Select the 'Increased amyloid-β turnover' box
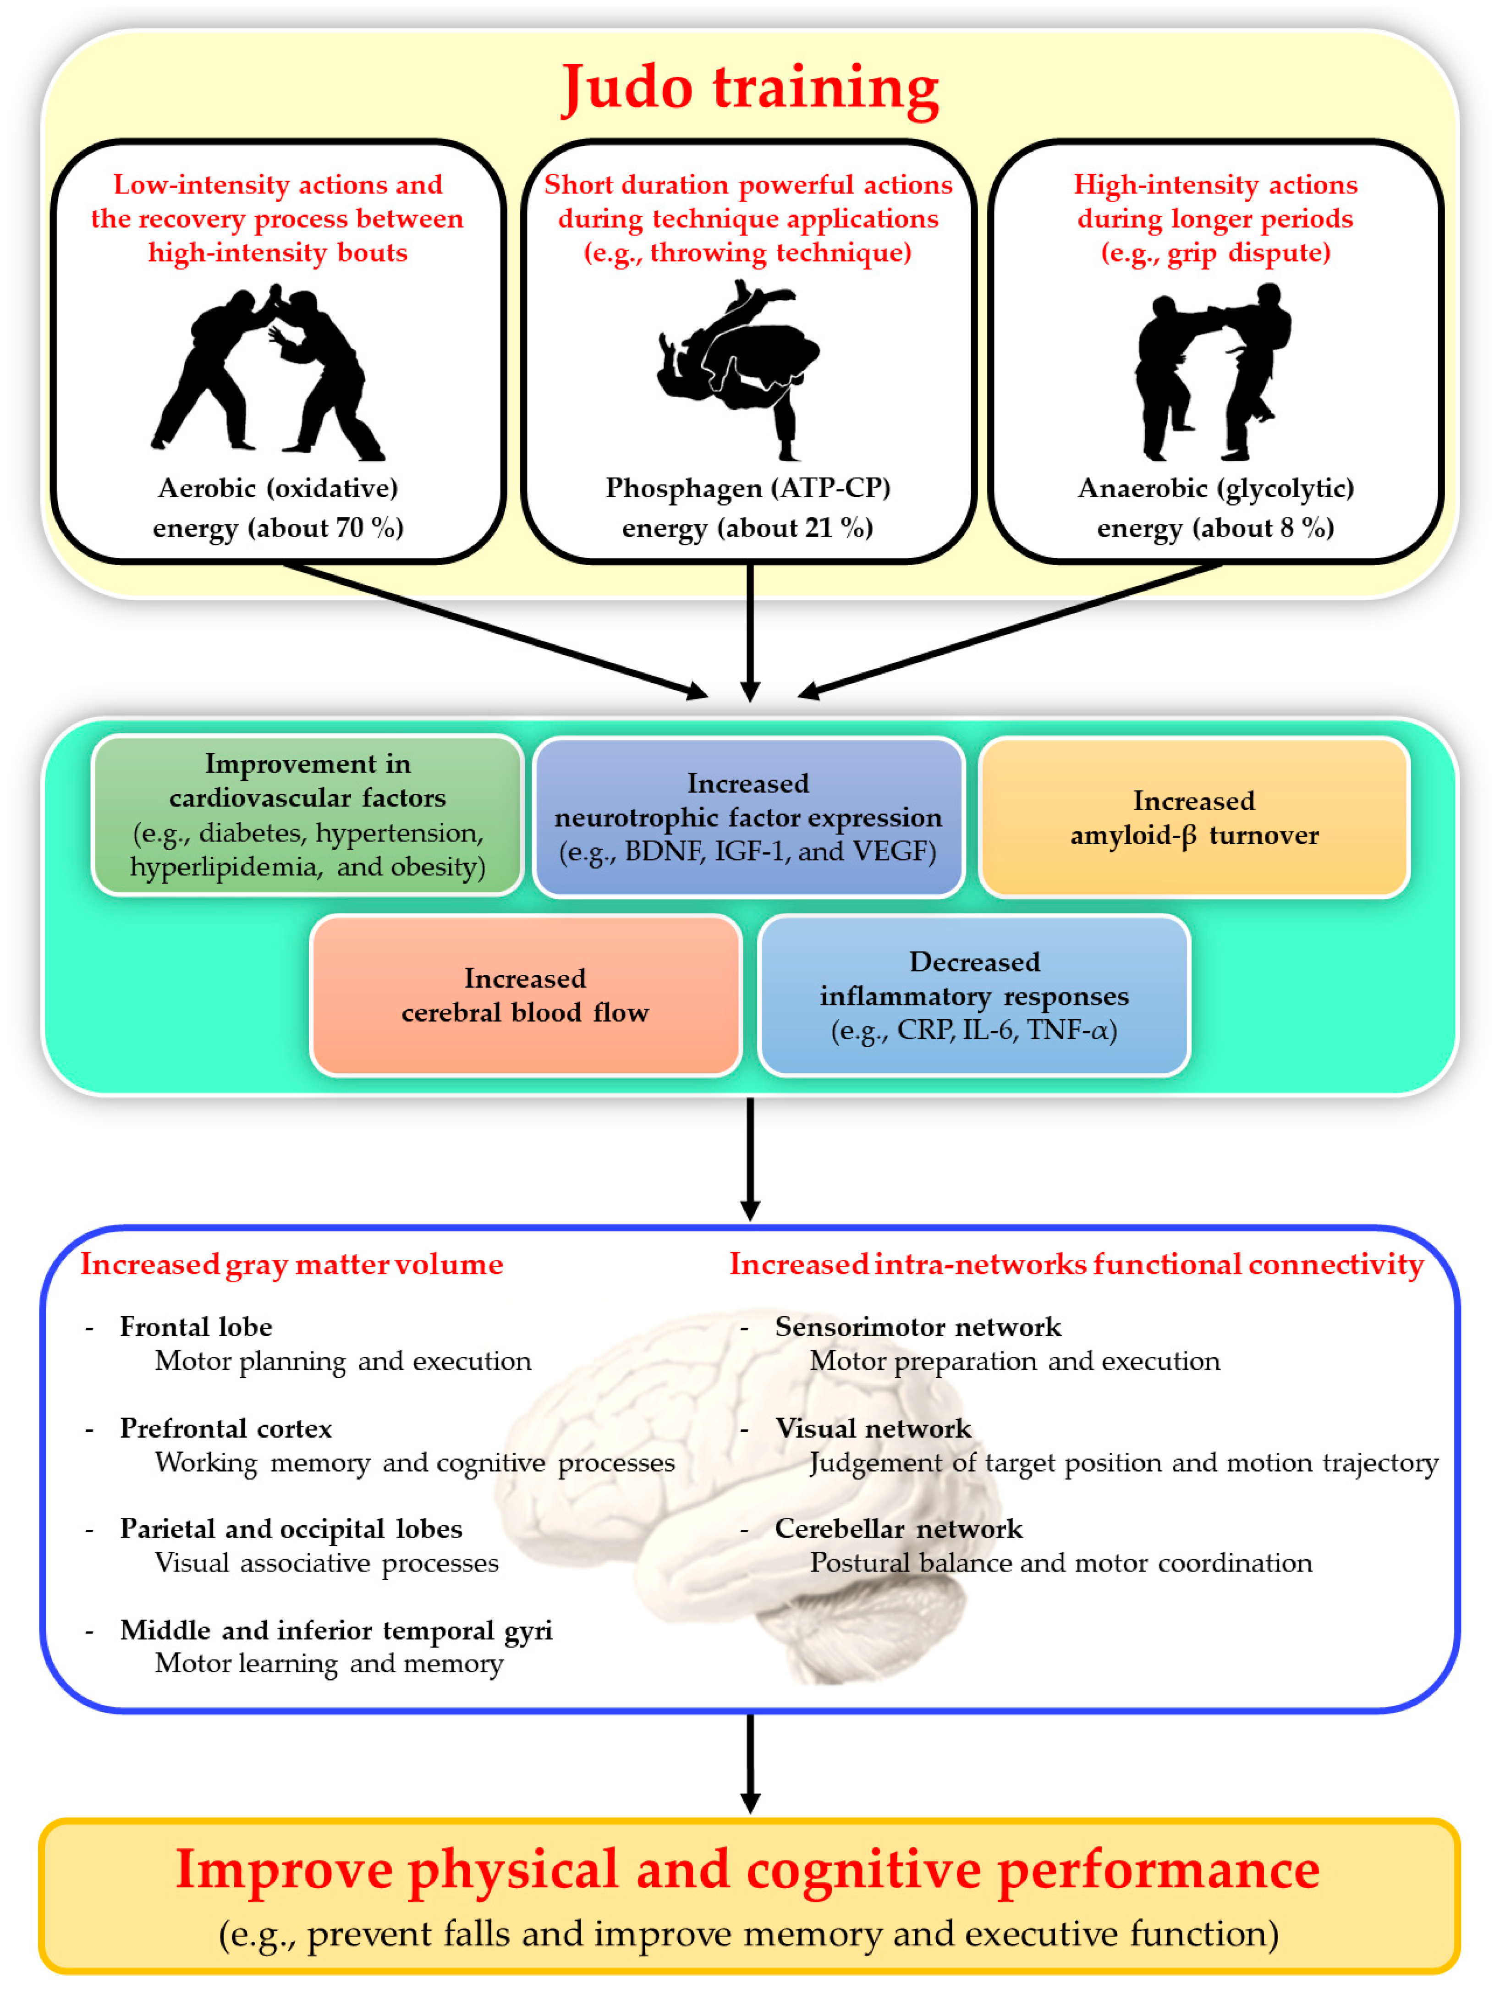tap(1193, 817)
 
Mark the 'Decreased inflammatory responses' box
tap(974, 995)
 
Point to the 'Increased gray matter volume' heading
tap(291, 1264)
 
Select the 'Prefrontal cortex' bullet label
tap(226, 1429)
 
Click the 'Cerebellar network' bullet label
tap(899, 1529)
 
